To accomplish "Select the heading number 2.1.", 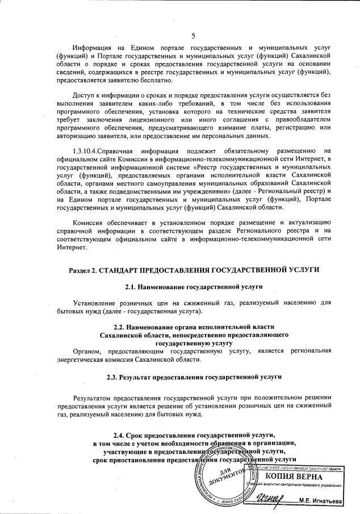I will point(133,287).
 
